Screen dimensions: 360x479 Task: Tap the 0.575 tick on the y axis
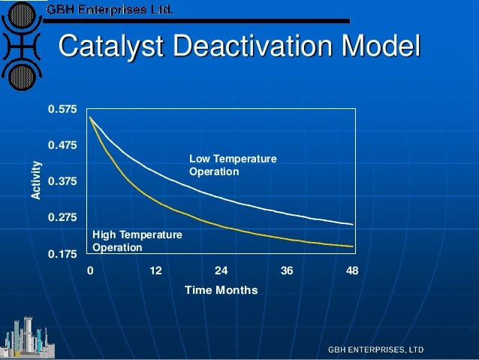(x=62, y=110)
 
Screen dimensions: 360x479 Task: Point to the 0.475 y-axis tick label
(x=62, y=145)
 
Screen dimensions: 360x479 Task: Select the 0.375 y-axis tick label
(x=62, y=182)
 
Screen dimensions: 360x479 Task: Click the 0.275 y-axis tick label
(x=62, y=218)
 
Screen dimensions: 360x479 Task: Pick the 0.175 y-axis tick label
(x=62, y=254)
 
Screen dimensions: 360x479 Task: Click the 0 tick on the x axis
(x=90, y=271)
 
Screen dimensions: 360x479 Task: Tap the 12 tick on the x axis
(x=155, y=271)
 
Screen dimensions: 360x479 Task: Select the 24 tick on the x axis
(x=221, y=271)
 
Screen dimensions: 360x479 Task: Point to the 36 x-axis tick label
(x=287, y=271)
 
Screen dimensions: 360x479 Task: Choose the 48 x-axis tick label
(x=352, y=271)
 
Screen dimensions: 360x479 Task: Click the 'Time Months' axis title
(x=221, y=290)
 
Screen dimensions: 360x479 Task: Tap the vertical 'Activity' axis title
(x=35, y=181)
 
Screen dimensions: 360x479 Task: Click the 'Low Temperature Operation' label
(x=233, y=165)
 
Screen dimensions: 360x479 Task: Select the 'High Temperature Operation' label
(x=137, y=241)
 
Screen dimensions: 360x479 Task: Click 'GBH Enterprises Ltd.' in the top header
(x=110, y=10)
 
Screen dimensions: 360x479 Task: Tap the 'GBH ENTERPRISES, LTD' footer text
(x=375, y=350)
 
